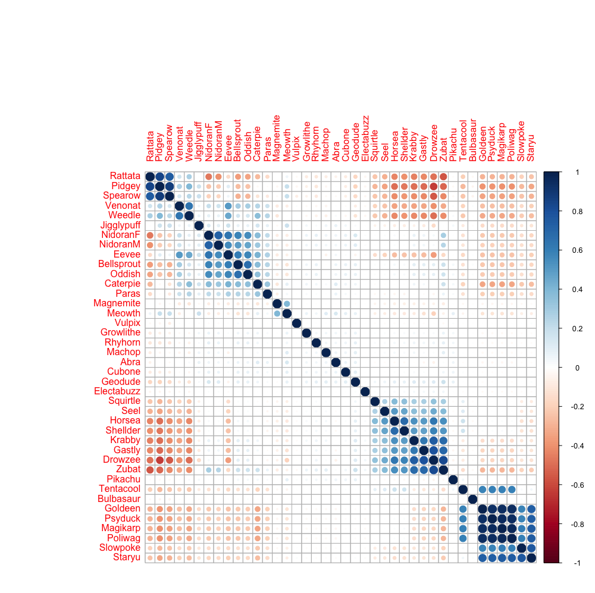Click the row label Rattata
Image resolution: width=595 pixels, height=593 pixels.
tap(125, 176)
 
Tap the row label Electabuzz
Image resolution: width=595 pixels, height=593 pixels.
tap(117, 391)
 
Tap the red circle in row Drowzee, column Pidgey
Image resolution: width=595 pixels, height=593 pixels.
tap(159, 460)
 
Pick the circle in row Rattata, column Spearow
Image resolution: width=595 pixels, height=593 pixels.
tap(170, 177)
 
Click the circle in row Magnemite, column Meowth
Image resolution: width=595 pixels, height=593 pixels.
tap(287, 304)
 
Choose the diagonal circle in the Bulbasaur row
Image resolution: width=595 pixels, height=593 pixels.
tap(472, 499)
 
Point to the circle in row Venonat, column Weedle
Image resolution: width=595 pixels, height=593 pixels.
tap(189, 206)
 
